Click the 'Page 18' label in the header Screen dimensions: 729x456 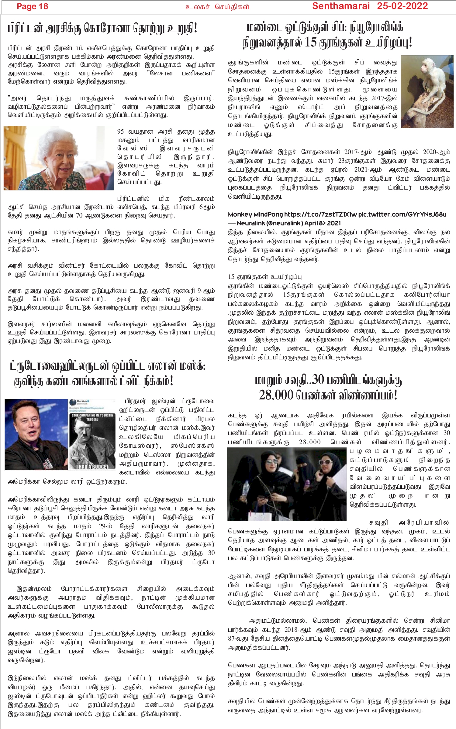[32, 7]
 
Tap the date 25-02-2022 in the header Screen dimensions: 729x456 [402, 6]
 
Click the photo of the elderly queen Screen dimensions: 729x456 [59, 158]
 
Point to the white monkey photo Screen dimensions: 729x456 [427, 91]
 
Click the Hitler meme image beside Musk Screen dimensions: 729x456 [92, 434]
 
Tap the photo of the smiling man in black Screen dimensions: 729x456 [36, 434]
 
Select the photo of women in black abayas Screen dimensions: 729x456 [287, 484]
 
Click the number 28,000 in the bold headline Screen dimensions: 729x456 [277, 395]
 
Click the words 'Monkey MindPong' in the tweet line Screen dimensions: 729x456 [255, 214]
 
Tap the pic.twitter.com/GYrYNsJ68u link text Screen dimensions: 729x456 [402, 214]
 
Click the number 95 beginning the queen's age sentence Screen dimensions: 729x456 [121, 132]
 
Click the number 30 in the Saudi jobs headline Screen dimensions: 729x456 [319, 380]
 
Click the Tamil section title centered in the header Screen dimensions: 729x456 [217, 7]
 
